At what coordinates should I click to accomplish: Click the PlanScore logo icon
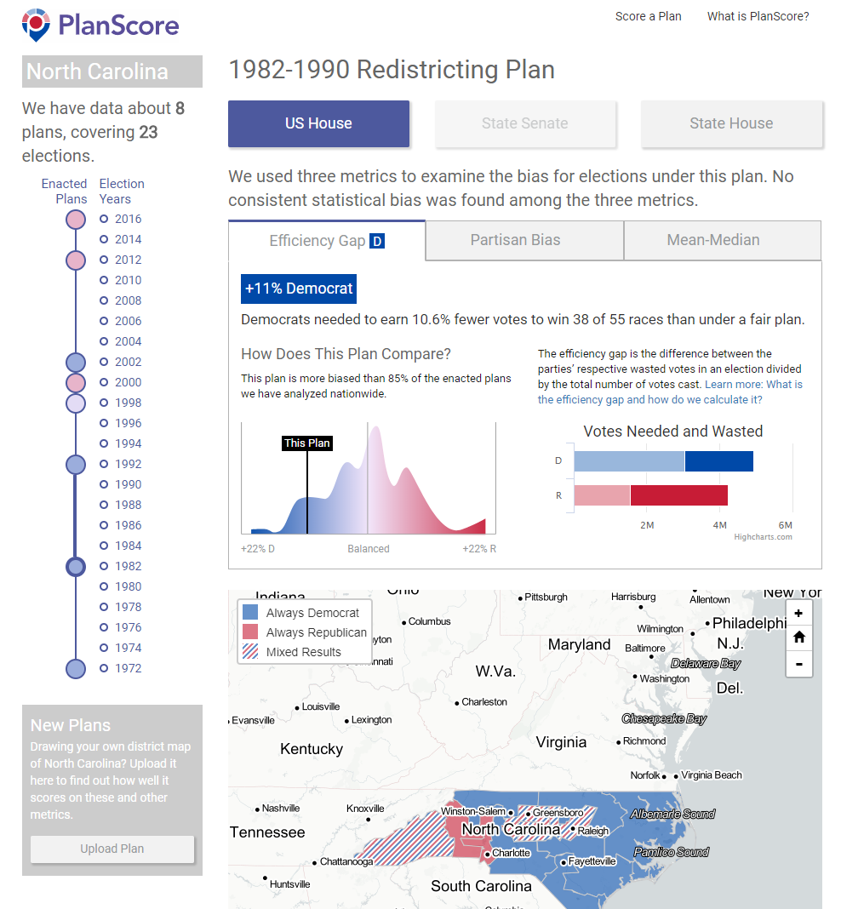[37, 25]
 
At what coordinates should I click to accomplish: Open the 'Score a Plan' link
[648, 16]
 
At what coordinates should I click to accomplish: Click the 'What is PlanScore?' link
[758, 16]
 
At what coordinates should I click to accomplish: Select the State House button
[731, 123]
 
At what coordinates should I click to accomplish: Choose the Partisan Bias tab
[515, 240]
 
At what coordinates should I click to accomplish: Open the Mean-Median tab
[713, 240]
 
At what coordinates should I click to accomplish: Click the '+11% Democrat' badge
[299, 289]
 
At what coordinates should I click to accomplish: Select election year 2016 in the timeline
[128, 219]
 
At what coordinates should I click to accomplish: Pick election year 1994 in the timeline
[128, 443]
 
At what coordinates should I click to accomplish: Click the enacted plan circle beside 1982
[76, 566]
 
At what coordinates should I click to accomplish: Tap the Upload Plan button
[112, 849]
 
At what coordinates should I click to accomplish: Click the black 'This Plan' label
[306, 443]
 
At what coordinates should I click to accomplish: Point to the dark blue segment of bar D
[718, 461]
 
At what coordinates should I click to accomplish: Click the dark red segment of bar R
[678, 495]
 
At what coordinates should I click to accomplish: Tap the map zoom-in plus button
[798, 613]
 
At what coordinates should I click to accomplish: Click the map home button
[798, 637]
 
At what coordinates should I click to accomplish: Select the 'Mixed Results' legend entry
[303, 652]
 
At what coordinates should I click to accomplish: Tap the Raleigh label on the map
[593, 831]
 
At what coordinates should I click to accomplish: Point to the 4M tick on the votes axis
[720, 525]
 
